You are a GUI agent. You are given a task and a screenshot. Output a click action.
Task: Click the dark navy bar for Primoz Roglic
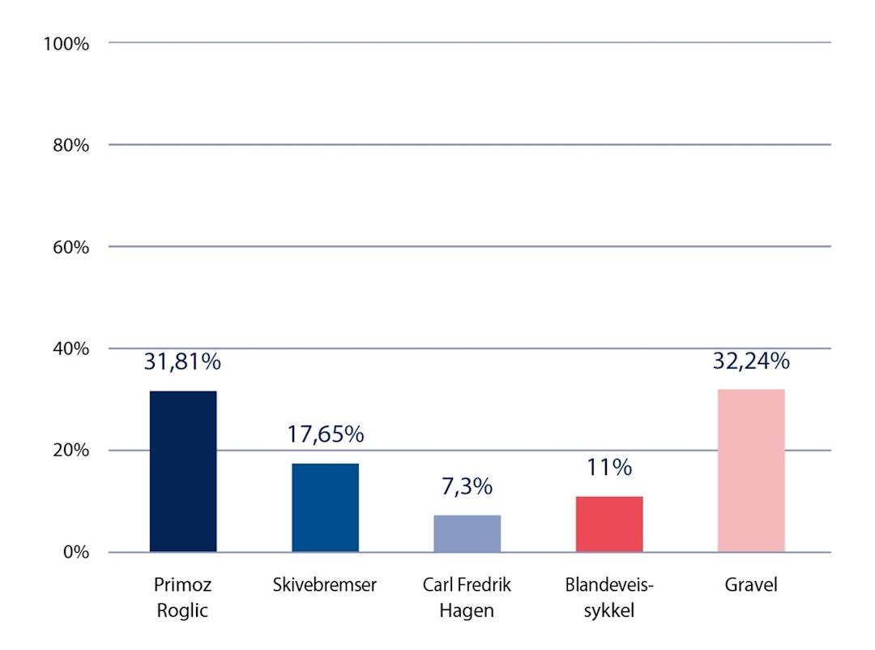tap(183, 472)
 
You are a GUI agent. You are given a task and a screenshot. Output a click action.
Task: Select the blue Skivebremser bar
tap(325, 508)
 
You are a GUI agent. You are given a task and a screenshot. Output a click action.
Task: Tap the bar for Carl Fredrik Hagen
tap(467, 533)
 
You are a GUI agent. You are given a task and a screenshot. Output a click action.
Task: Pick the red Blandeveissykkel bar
tap(609, 524)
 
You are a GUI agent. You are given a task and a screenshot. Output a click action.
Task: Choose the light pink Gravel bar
tap(751, 471)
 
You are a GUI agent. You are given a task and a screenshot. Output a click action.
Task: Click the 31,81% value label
tap(182, 361)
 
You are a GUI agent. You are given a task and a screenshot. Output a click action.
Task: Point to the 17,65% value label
tap(325, 434)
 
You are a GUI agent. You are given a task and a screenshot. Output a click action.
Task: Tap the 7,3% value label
tap(467, 486)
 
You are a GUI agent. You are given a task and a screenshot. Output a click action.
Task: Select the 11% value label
tap(609, 467)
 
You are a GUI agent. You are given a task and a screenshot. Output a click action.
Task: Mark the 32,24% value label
tap(751, 360)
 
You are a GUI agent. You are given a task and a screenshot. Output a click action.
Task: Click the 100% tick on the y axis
tap(66, 43)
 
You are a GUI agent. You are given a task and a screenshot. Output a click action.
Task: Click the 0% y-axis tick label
tap(74, 553)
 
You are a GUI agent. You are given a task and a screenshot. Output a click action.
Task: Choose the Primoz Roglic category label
tap(182, 597)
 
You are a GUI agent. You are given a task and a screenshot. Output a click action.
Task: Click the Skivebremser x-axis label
tap(325, 585)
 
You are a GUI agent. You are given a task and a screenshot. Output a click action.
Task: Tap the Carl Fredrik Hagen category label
tap(467, 597)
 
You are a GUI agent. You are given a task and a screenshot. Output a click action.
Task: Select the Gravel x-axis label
tap(751, 585)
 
